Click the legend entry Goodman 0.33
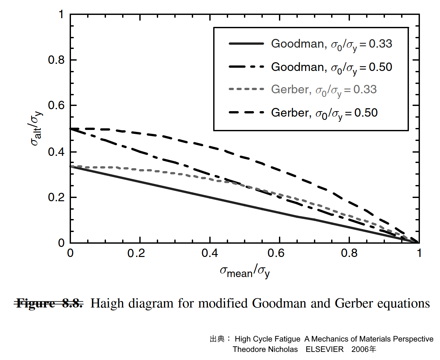331,44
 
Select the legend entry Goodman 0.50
331,67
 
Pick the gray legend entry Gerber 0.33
323,89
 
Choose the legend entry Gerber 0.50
324,113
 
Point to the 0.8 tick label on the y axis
56,60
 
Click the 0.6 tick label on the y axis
56,105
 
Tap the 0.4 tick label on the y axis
56,152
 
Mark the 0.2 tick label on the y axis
56,197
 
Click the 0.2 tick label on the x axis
136,253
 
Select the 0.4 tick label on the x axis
210,253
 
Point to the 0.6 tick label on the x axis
276,253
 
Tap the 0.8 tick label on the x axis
349,253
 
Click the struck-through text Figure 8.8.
49,304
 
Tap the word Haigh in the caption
107,304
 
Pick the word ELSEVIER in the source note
324,349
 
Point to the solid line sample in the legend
246,44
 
